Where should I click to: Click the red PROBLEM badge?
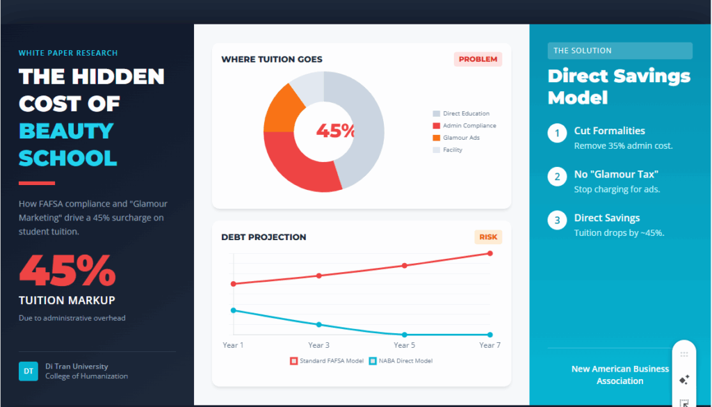tap(478, 60)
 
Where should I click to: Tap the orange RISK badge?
tap(488, 237)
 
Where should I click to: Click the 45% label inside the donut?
tap(336, 131)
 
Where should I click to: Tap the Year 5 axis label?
tap(404, 345)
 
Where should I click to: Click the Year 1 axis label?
tap(233, 345)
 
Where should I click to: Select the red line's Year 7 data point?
tap(490, 253)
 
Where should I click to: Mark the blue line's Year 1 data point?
tap(234, 310)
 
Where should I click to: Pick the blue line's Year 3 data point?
tap(318, 324)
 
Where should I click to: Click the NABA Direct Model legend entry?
tap(401, 361)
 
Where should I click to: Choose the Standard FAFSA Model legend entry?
tap(327, 361)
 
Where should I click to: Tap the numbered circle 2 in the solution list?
tap(557, 177)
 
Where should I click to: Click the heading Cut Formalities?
tap(609, 131)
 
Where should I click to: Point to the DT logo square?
tap(29, 371)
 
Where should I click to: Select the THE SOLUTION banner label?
tap(583, 51)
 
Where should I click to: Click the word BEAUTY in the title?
tap(66, 131)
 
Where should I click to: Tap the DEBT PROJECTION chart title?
tap(264, 237)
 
